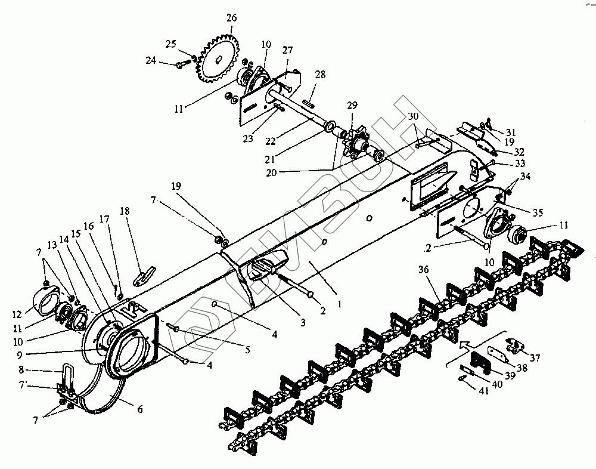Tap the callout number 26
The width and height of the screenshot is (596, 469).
pyautogui.click(x=231, y=18)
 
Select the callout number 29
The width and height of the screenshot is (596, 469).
pyautogui.click(x=353, y=105)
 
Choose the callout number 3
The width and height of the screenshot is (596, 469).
pyautogui.click(x=303, y=322)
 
